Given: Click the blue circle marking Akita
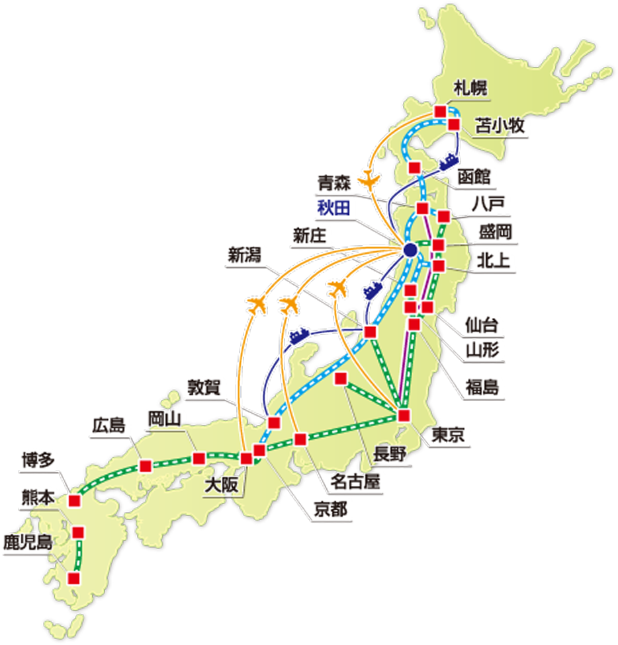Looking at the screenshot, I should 410,250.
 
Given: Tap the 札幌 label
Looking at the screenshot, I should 470,88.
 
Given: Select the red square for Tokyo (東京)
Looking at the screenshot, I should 404,416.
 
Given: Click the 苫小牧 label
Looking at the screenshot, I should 504,126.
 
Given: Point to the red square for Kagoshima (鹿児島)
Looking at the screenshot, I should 74,579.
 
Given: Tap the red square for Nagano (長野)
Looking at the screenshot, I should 341,379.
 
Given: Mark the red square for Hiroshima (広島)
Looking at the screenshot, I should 145,465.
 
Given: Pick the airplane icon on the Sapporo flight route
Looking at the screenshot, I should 371,179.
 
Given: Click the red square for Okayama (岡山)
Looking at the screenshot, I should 199,458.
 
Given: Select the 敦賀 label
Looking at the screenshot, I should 206,387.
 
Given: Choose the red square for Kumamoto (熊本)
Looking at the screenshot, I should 79,532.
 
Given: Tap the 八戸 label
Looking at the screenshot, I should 488,204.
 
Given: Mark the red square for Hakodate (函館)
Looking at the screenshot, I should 415,167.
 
